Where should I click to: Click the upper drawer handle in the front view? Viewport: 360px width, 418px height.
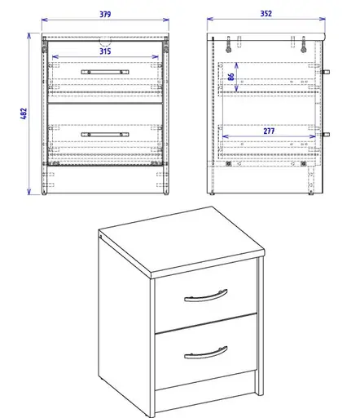tap(104, 73)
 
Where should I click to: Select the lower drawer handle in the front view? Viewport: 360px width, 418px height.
tap(104, 134)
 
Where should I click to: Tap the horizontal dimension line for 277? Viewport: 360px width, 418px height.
tap(269, 136)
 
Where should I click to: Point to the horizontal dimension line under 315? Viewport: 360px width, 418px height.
tap(104, 59)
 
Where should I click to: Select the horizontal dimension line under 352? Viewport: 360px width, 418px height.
tap(267, 20)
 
